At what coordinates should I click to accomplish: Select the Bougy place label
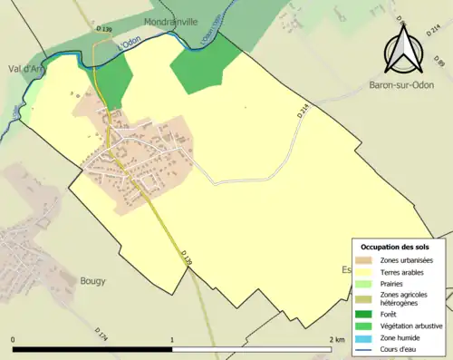point(93,281)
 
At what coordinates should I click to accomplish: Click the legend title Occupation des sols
point(394,247)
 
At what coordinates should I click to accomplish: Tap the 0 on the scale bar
point(13,339)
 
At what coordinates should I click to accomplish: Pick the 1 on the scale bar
point(172,339)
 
